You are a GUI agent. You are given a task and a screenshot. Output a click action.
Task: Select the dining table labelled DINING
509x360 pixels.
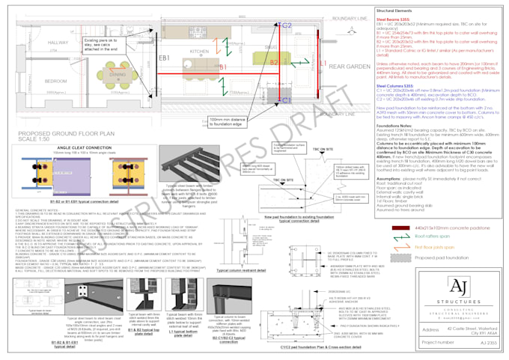(x=117, y=76)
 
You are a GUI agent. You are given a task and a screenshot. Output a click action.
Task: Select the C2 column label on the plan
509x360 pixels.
(x=287, y=25)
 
